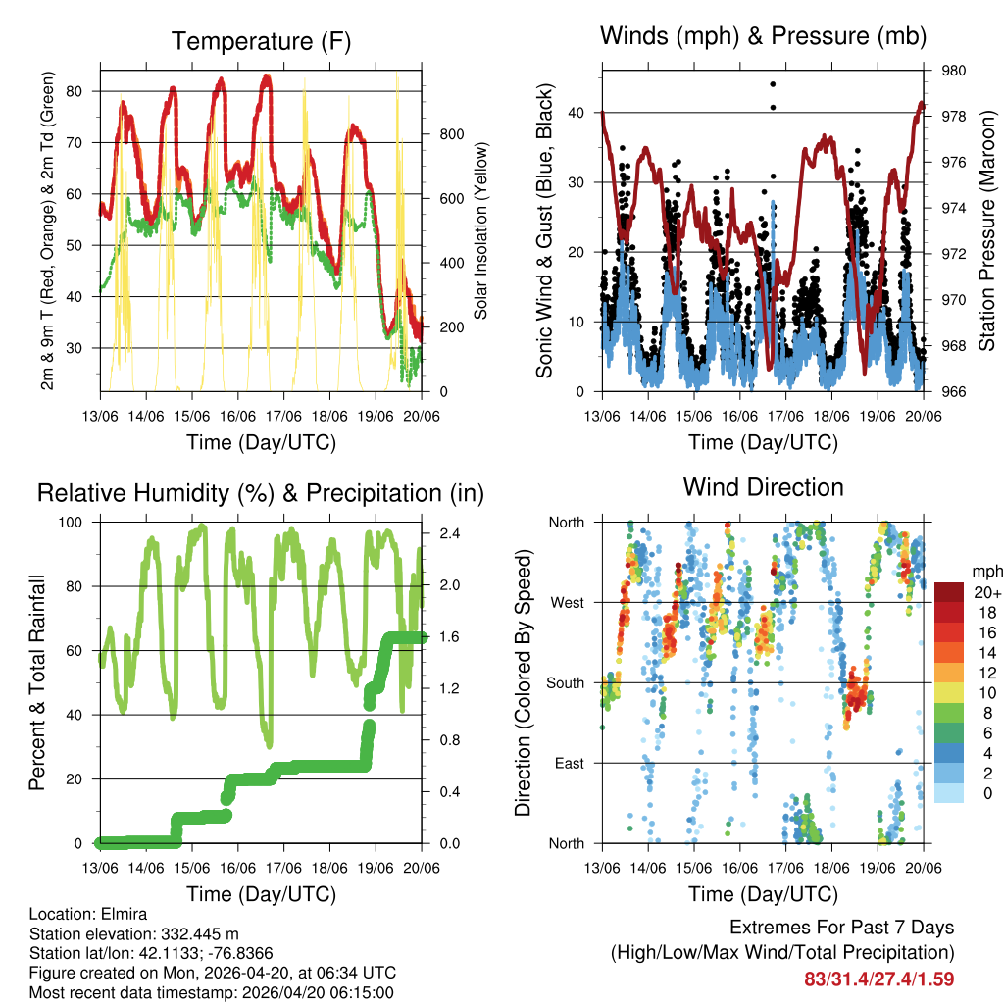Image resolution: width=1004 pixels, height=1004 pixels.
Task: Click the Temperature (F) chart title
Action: coord(261,41)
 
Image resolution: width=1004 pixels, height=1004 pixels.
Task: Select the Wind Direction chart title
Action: coord(763,486)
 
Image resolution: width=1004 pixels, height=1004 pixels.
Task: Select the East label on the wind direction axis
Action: coord(569,763)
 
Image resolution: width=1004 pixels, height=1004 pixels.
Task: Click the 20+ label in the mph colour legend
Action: coord(985,592)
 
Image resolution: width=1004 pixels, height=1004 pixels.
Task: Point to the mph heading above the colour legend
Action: coord(985,571)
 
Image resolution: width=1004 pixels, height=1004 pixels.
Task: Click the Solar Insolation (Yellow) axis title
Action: coord(481,230)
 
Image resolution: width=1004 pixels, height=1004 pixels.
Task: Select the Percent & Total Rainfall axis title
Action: coord(36,682)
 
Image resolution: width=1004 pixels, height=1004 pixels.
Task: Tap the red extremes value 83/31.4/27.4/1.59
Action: coord(878,979)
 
